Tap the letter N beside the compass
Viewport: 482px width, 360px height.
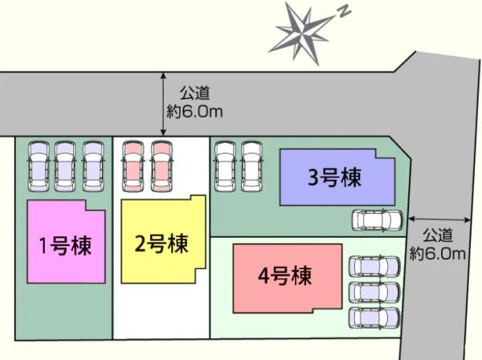point(345,12)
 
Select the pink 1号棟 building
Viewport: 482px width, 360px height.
point(67,242)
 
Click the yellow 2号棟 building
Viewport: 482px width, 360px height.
point(164,239)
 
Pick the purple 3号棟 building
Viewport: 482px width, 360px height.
point(337,177)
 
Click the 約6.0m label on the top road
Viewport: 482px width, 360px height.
point(194,111)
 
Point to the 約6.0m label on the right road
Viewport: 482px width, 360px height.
point(438,254)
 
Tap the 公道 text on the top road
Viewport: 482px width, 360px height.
point(195,93)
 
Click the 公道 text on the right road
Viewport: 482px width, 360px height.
point(438,235)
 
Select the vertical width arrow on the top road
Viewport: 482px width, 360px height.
point(163,104)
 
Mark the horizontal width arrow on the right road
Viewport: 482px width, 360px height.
point(439,219)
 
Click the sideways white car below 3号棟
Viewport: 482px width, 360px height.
point(378,220)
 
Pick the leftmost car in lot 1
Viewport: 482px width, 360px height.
point(39,166)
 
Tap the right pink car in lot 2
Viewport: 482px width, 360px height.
point(161,166)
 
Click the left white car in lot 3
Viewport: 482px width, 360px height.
point(226,166)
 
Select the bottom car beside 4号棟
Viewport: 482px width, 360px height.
point(374,318)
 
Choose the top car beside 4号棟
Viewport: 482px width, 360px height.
point(374,266)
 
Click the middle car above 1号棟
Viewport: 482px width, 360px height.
point(65,166)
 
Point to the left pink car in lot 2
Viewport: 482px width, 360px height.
point(133,166)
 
